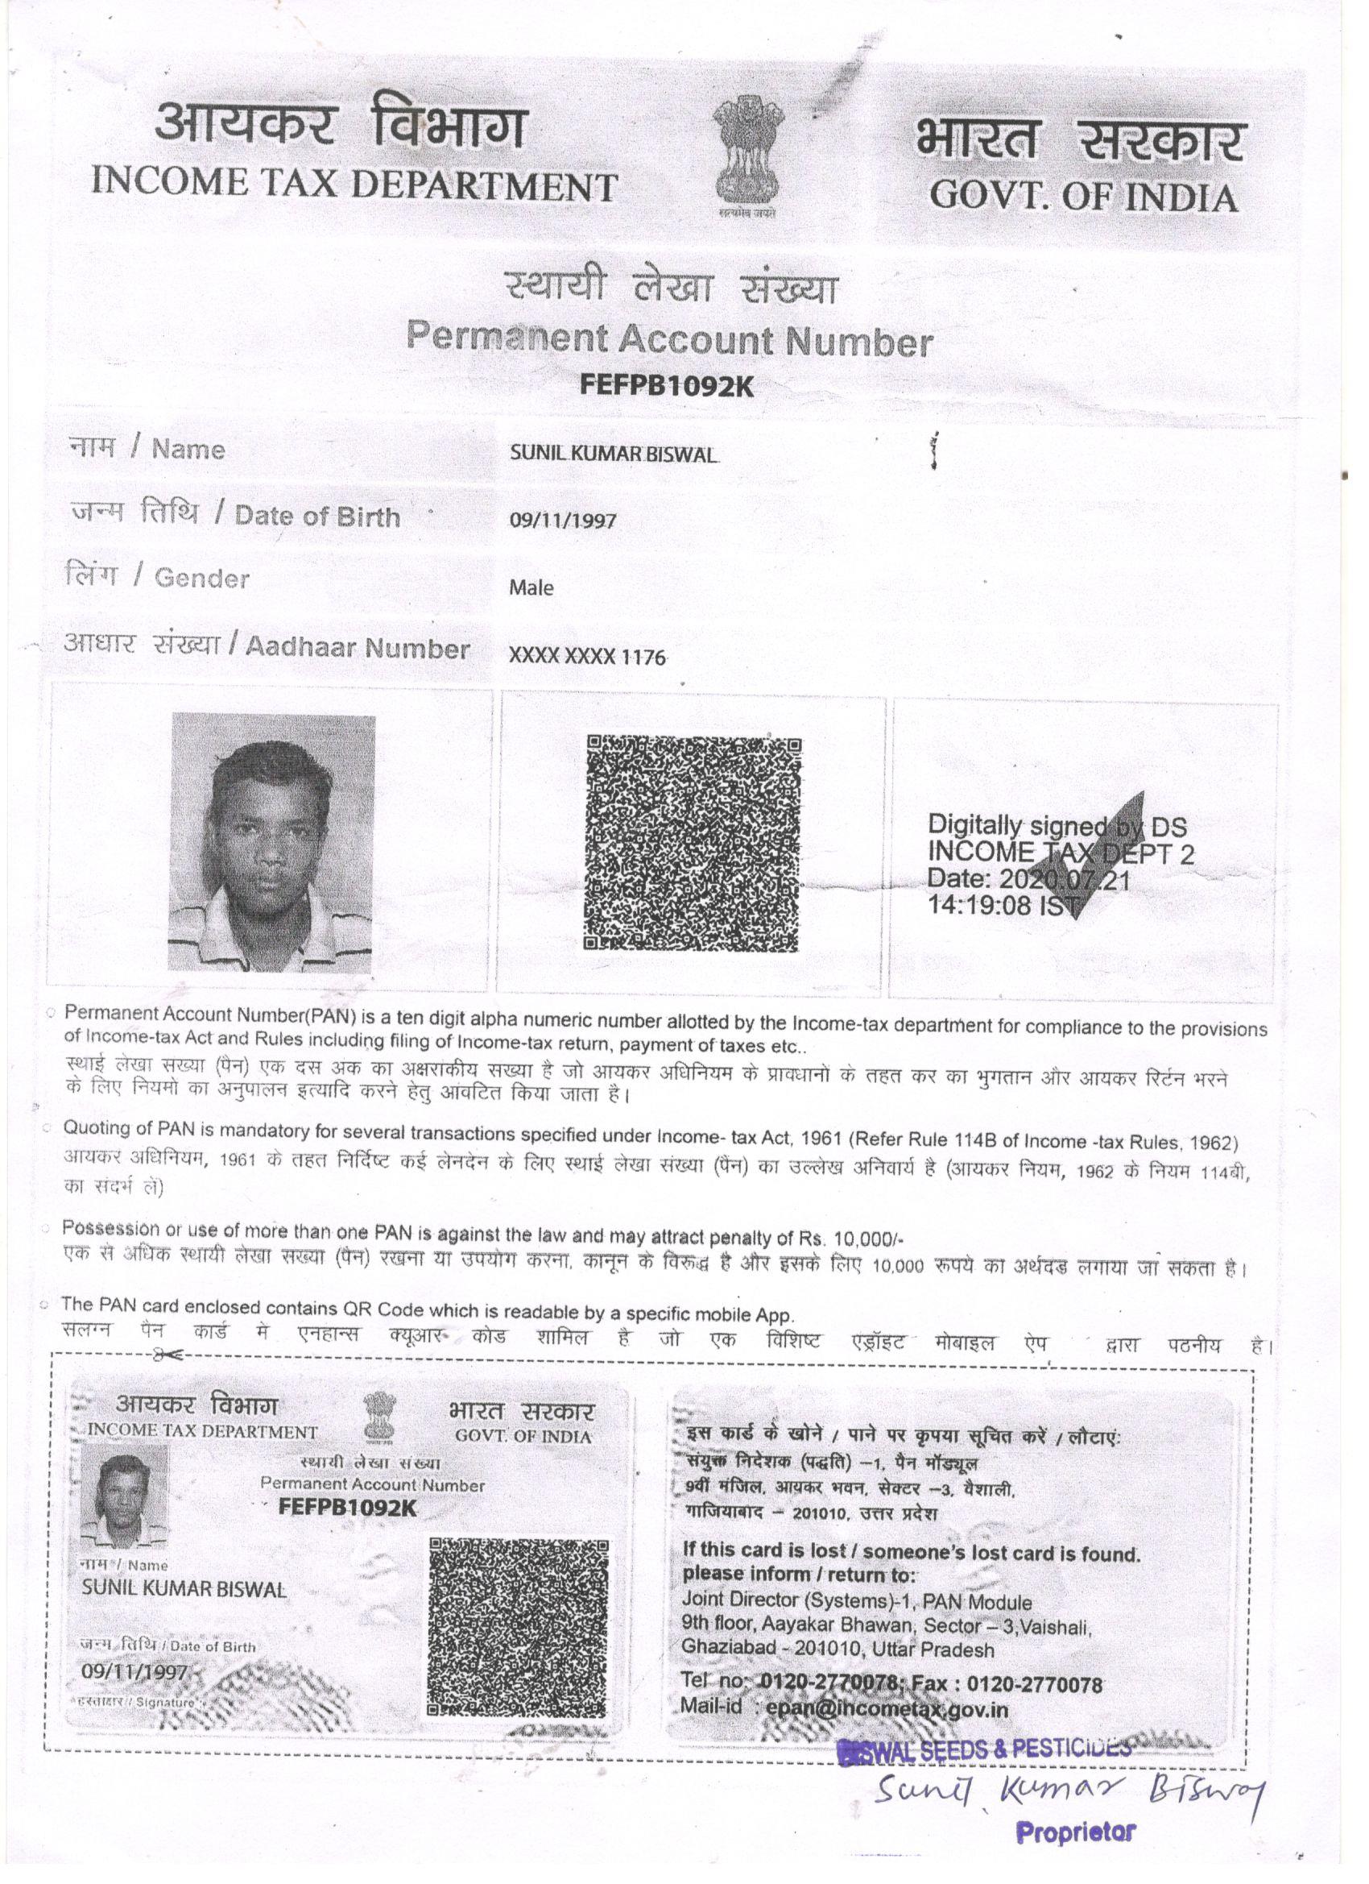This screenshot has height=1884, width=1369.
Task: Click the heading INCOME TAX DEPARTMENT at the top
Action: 354,185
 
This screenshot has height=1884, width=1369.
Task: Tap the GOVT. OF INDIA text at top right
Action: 1083,197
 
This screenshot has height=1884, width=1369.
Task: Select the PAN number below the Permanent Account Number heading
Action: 668,386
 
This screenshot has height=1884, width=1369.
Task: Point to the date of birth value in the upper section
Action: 564,521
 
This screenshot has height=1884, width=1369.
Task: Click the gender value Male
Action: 531,588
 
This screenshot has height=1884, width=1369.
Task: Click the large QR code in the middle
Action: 693,843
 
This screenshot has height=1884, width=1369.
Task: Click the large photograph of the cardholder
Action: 271,843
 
